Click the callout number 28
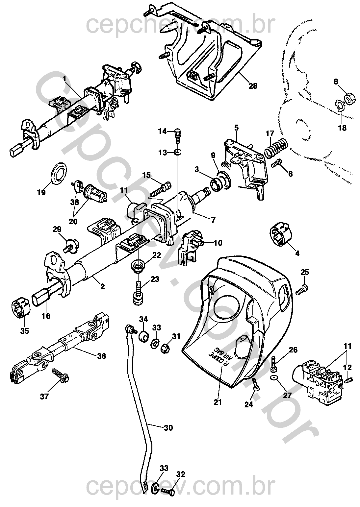coord(253,86)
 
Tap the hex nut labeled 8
coord(348,98)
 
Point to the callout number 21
coord(218,402)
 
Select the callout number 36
coord(102,356)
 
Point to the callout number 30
coord(168,428)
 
